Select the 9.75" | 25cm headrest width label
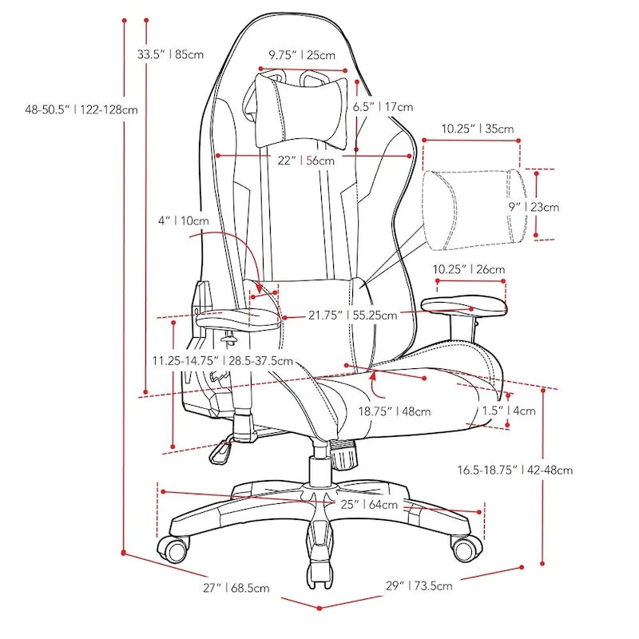coord(302,55)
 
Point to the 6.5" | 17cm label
coord(383,106)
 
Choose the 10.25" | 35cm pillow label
coord(477,128)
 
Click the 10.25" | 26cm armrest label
coord(469,270)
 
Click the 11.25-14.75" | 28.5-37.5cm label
coord(223,361)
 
